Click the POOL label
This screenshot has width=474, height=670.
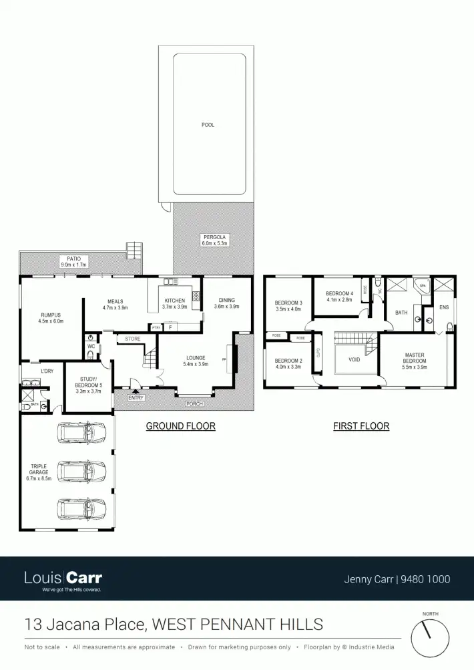tap(208, 125)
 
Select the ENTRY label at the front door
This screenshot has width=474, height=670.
tap(136, 398)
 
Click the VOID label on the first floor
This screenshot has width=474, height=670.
tap(354, 359)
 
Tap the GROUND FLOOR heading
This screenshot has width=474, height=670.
tap(180, 426)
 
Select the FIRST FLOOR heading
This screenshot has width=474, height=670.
tap(361, 426)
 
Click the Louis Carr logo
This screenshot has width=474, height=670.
tap(63, 579)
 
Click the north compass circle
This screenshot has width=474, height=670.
tap(429, 638)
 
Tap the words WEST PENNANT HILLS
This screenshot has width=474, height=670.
tap(238, 625)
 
